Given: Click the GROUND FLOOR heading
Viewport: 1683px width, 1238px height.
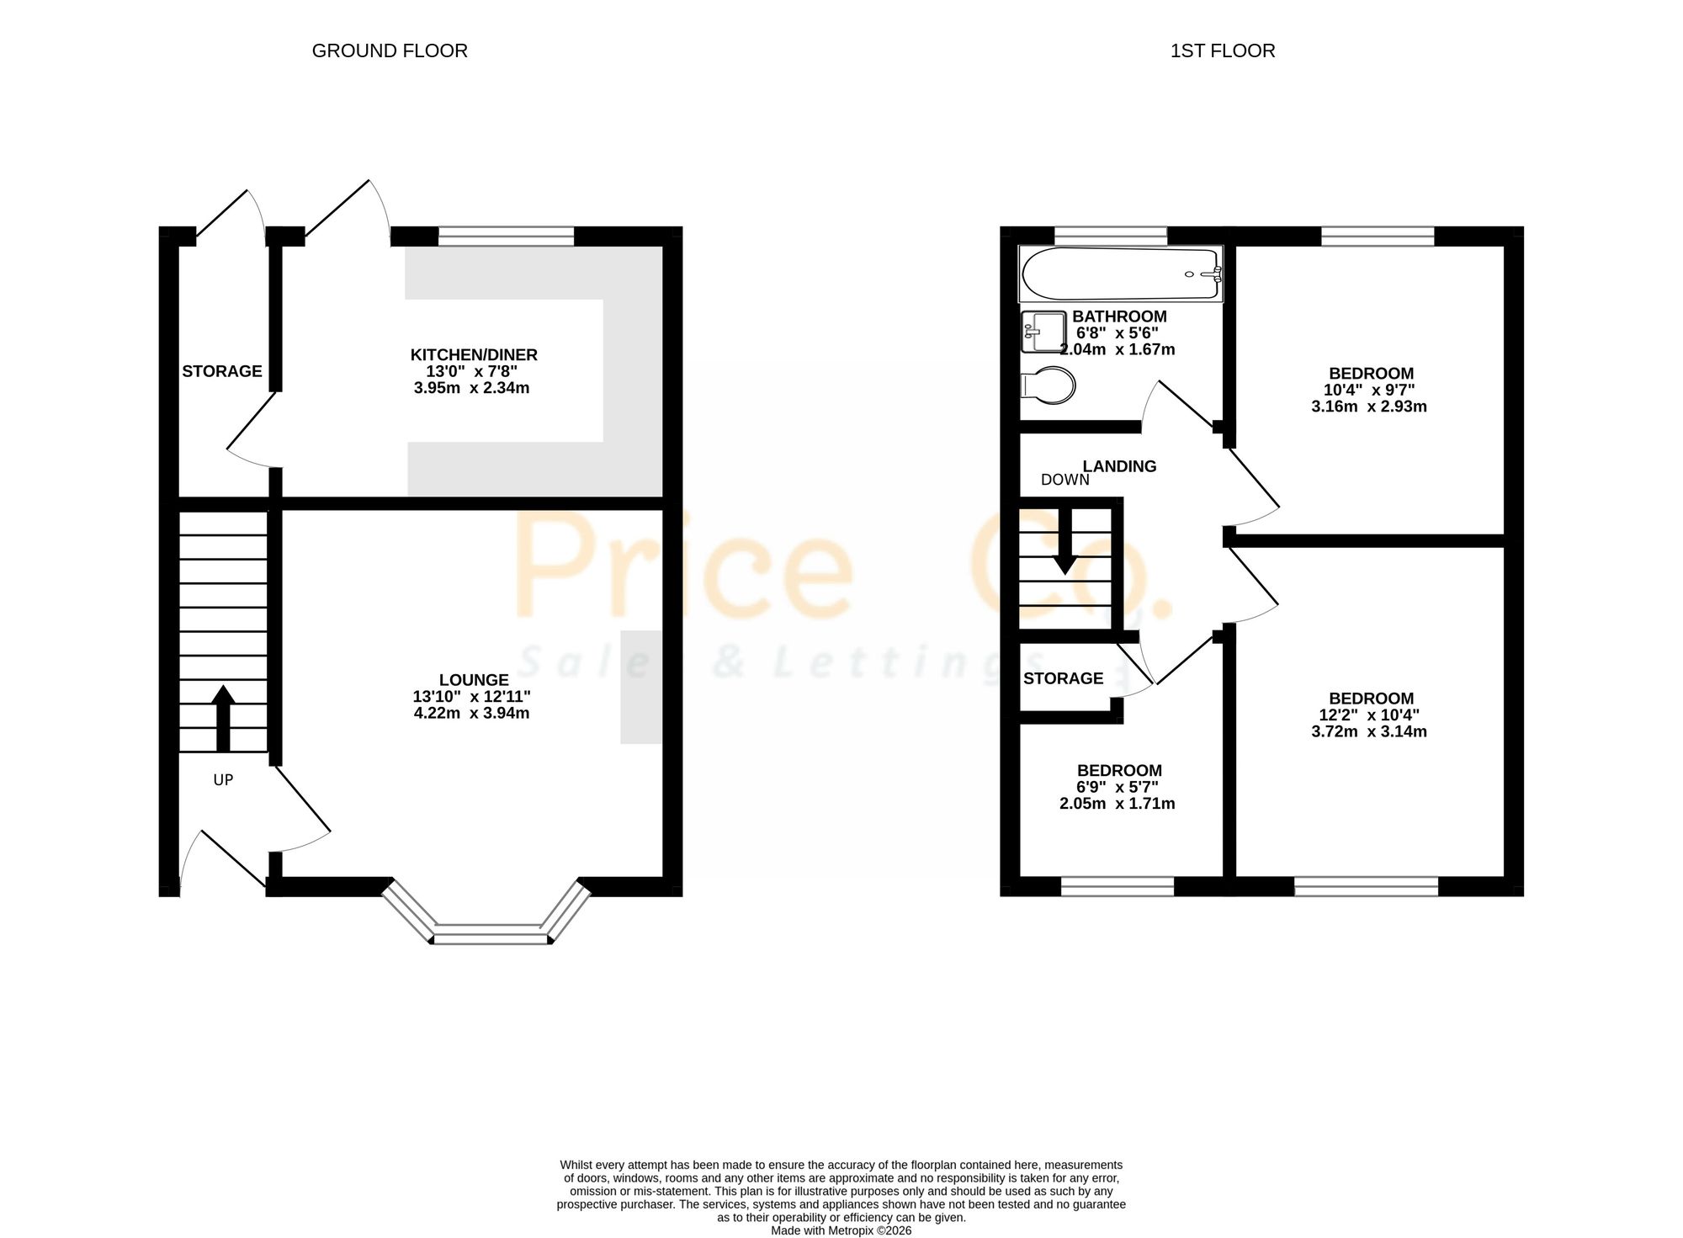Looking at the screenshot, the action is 390,50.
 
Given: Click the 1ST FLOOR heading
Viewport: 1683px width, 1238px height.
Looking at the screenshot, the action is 1223,50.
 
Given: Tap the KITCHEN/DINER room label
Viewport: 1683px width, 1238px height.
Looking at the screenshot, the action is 474,355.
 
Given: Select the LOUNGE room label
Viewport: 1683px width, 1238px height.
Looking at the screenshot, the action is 474,680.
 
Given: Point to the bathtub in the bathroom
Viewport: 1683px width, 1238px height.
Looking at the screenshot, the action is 1121,274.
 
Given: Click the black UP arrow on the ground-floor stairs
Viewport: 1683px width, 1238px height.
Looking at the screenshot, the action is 223,718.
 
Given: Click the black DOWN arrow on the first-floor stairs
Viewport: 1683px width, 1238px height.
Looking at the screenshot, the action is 1065,543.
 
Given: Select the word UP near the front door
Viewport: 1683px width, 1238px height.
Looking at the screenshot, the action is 223,780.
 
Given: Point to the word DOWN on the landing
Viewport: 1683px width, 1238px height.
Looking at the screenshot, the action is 1065,480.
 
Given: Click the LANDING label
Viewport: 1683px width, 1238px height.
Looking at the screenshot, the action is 1119,466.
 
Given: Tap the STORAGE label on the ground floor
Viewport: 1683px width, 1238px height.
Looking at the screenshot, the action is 222,371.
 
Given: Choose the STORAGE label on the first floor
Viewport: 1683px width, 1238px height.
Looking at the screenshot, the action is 1063,678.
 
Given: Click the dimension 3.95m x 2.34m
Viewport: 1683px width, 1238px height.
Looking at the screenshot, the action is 471,388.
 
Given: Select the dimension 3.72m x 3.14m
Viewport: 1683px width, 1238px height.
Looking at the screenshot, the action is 1369,731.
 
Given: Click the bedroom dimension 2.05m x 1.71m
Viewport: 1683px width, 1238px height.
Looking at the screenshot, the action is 1118,804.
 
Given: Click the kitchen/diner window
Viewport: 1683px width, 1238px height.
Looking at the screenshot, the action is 507,236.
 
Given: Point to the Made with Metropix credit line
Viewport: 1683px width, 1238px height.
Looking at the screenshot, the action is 841,1230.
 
